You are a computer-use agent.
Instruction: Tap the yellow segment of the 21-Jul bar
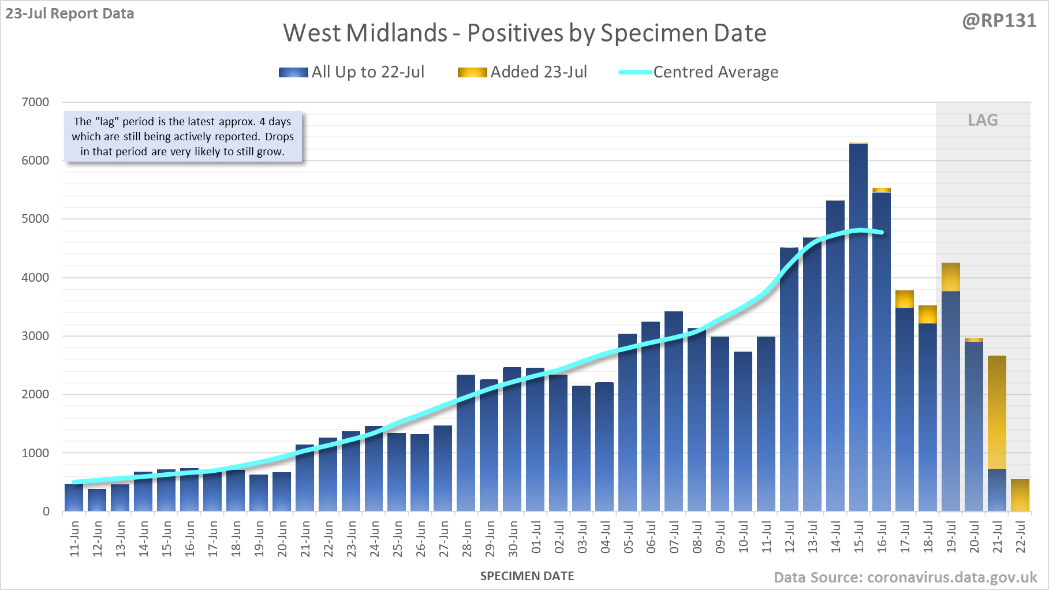(997, 412)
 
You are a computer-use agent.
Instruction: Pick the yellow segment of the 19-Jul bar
(951, 277)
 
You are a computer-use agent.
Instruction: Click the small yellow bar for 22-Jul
(1020, 495)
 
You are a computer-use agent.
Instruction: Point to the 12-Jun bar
(97, 500)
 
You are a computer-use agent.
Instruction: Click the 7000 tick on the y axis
(35, 102)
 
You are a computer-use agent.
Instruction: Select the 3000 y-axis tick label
(35, 336)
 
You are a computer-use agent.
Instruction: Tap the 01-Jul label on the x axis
(536, 538)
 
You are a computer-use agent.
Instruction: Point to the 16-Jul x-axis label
(882, 538)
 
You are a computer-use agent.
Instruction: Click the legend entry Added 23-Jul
(522, 72)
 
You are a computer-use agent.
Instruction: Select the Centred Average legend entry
(699, 72)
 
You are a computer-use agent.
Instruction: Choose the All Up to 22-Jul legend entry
(352, 72)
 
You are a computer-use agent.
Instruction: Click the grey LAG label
(983, 120)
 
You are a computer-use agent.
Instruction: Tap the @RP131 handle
(999, 21)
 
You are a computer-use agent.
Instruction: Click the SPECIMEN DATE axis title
(527, 576)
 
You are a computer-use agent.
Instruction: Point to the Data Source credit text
(905, 577)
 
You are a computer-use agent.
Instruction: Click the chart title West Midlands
(524, 33)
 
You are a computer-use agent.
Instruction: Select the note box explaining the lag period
(182, 137)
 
